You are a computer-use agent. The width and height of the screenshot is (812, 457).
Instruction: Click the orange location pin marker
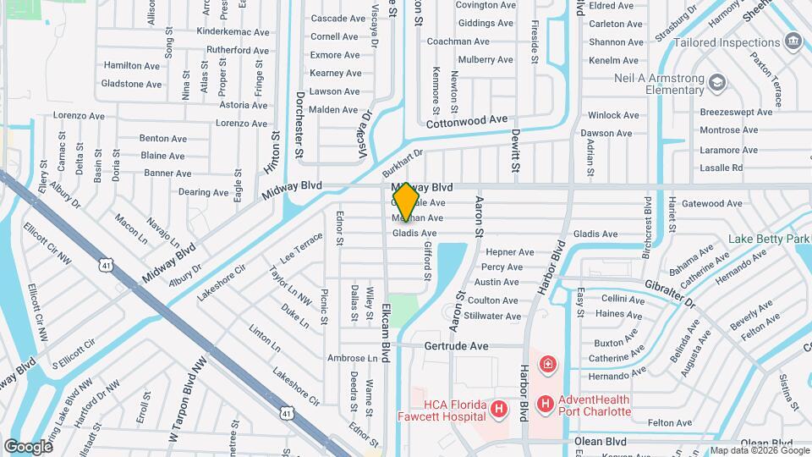pos(406,202)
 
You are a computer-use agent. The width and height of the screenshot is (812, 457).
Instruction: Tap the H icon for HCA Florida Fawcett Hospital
pos(499,410)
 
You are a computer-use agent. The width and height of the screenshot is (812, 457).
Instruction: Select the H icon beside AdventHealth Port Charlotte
pos(546,404)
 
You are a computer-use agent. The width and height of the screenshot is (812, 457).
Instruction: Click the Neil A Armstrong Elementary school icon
pos(717,82)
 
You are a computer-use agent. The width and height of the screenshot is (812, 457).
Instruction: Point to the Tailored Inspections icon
pos(793,41)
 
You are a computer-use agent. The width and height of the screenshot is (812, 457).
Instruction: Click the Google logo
pos(28,446)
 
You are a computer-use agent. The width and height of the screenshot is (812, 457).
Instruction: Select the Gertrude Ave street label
pos(456,346)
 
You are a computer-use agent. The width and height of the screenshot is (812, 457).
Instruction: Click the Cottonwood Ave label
pos(466,122)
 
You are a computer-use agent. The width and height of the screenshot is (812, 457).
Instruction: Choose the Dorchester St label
pos(299,125)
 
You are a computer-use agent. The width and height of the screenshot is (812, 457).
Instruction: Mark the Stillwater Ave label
pos(494,316)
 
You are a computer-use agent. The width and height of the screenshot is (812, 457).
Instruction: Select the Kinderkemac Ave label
pos(233,31)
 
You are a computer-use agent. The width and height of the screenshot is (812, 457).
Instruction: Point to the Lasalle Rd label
pos(721,168)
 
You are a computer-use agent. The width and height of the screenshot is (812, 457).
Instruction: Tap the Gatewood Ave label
pos(711,203)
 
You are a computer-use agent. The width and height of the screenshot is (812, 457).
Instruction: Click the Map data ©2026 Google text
pos(759,450)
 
